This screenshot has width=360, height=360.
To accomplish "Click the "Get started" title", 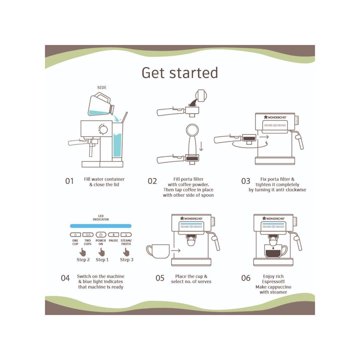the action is point(180,73).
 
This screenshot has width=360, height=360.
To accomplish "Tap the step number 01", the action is point(69,181).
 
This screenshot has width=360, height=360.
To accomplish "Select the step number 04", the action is point(65,278).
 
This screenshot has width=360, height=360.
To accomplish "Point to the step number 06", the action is point(246,278).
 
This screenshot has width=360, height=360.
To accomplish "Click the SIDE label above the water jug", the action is point(102,87).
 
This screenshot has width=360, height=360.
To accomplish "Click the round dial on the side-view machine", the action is point(103,129).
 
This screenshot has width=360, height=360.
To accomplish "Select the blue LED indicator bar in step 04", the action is point(101,226).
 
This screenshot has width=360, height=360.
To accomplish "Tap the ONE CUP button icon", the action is point(76,235).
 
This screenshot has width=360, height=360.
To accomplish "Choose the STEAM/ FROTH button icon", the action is point(126,235).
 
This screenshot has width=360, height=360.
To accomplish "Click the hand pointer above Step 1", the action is point(101,252).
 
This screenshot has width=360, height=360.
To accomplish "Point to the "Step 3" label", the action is point(127,260).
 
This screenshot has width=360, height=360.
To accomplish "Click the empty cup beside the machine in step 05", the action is point(158,251).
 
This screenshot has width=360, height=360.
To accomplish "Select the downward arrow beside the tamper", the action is point(201,146).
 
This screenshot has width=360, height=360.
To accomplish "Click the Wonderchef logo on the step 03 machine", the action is point(275,117).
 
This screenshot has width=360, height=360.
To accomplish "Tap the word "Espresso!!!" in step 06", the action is point(273,281).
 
